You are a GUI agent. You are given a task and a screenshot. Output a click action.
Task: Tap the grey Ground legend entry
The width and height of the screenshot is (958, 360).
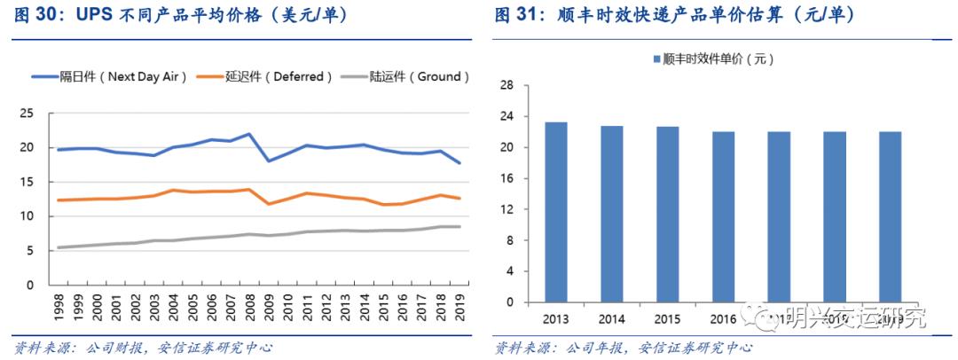[414, 77]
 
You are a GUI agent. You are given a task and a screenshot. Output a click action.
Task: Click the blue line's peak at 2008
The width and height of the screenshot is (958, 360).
[250, 135]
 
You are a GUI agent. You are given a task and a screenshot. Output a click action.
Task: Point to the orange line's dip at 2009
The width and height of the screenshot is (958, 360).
[269, 204]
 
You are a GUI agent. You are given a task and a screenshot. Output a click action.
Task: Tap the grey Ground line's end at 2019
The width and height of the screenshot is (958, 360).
[458, 227]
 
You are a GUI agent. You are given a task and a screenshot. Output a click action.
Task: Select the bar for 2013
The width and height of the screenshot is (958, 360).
[556, 213]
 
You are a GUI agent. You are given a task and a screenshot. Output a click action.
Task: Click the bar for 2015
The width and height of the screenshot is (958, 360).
[667, 215]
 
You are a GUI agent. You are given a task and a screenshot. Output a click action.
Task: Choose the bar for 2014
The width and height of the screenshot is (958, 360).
[612, 215]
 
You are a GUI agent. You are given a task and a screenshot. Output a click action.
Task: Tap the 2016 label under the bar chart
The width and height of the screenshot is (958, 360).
[723, 317]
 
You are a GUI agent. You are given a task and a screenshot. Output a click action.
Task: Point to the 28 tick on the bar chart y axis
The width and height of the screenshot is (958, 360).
[507, 86]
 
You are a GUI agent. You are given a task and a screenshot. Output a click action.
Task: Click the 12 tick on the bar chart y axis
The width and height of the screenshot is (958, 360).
[507, 209]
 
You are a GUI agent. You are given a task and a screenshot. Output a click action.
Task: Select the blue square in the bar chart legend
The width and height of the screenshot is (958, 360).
[656, 59]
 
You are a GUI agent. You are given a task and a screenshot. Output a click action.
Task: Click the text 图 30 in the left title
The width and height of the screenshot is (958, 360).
[37, 16]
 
